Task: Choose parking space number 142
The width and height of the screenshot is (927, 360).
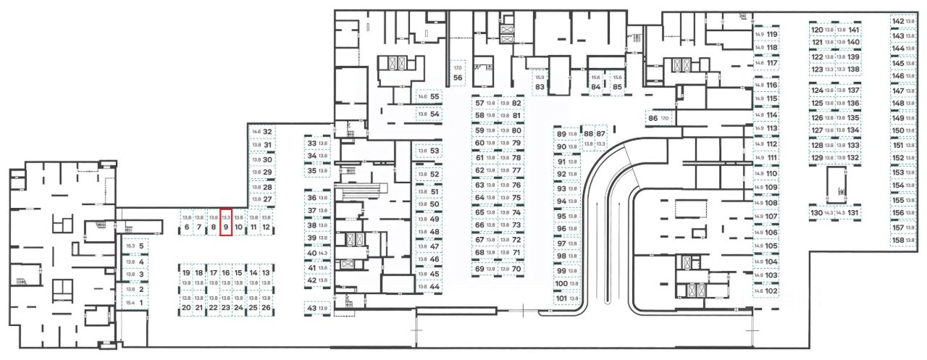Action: (903, 22)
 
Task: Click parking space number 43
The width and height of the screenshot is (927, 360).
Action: (317, 308)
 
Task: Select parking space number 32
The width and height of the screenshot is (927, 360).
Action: (261, 132)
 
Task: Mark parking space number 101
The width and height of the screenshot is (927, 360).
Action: (566, 298)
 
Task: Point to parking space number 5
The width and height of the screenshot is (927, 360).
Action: (135, 246)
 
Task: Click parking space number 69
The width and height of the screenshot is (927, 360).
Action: (485, 269)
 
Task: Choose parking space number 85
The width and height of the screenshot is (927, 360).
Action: (617, 82)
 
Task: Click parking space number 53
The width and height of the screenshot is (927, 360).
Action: (429, 151)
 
